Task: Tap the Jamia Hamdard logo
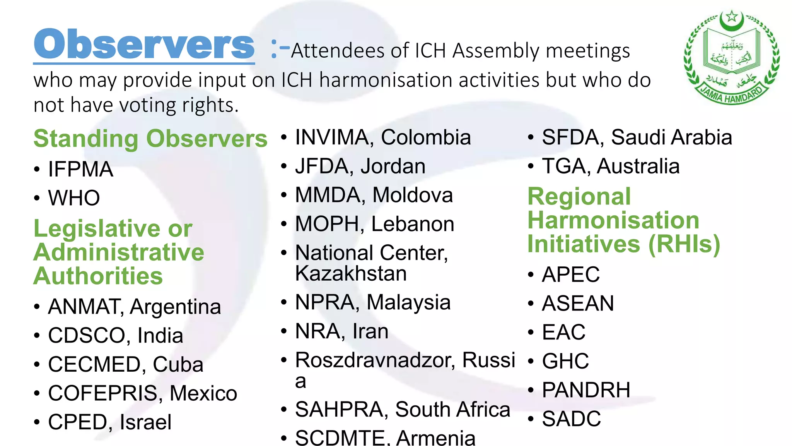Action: tap(731, 58)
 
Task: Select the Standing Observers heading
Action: tap(150, 139)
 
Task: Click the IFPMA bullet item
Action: tap(80, 170)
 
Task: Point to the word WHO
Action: tap(74, 198)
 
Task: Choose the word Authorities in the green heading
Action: tap(98, 276)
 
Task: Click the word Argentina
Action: tap(175, 307)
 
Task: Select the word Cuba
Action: tap(178, 365)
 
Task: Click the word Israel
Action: tap(145, 422)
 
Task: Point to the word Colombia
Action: tap(426, 137)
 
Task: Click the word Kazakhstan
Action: tap(351, 273)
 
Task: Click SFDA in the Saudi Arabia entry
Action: tap(570, 137)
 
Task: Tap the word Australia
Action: tap(638, 166)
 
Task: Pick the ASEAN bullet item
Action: tap(578, 304)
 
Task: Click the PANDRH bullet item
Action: tap(586, 390)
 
